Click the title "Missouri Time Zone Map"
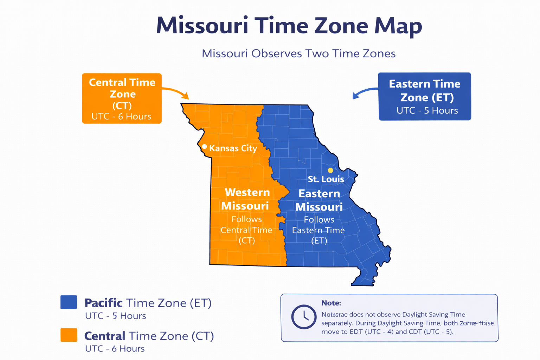click(x=289, y=26)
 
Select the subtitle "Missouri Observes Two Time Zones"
click(x=298, y=53)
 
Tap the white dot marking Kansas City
click(x=204, y=146)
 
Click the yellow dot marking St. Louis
click(x=330, y=170)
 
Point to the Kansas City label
click(x=233, y=148)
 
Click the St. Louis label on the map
click(x=326, y=179)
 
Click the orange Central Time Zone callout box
click(x=122, y=98)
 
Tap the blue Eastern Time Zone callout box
click(x=424, y=96)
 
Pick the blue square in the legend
click(x=69, y=302)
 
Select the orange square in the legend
click(x=69, y=335)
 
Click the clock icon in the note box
click(x=304, y=317)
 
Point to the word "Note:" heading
click(x=331, y=303)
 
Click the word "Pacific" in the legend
click(x=103, y=303)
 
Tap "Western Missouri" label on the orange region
click(x=246, y=199)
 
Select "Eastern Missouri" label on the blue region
click(x=319, y=200)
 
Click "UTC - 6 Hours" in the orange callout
click(x=121, y=116)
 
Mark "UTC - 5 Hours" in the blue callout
click(x=427, y=110)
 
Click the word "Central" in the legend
click(x=105, y=336)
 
